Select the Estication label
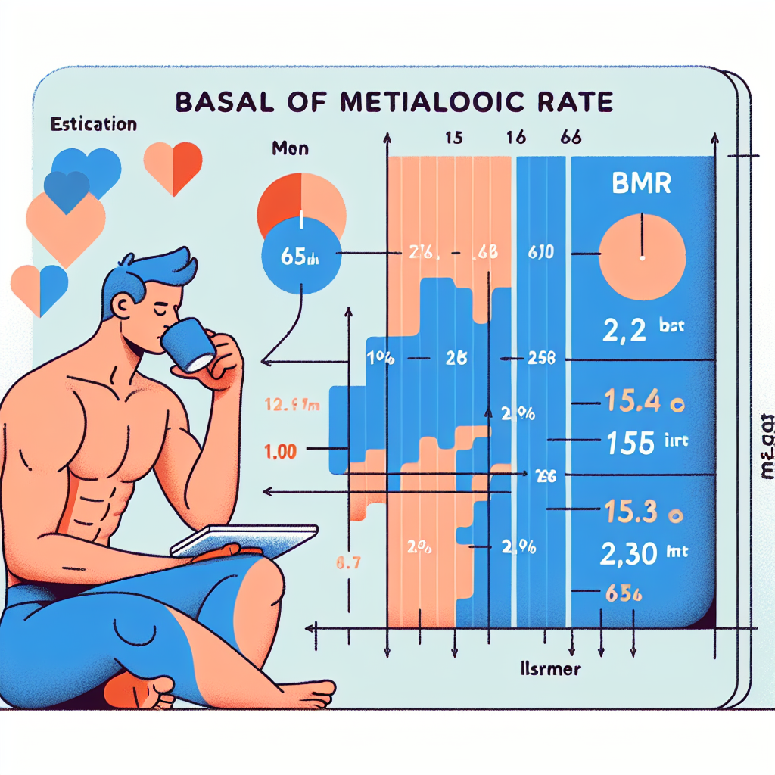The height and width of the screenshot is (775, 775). (x=93, y=124)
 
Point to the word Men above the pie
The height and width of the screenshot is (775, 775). (x=290, y=148)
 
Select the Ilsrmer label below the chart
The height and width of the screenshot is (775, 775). (x=541, y=669)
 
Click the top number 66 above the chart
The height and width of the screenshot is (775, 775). (x=570, y=139)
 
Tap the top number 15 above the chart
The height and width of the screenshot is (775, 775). (x=453, y=139)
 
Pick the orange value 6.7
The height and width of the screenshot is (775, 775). (x=347, y=562)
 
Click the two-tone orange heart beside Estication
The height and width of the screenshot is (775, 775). (x=173, y=165)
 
